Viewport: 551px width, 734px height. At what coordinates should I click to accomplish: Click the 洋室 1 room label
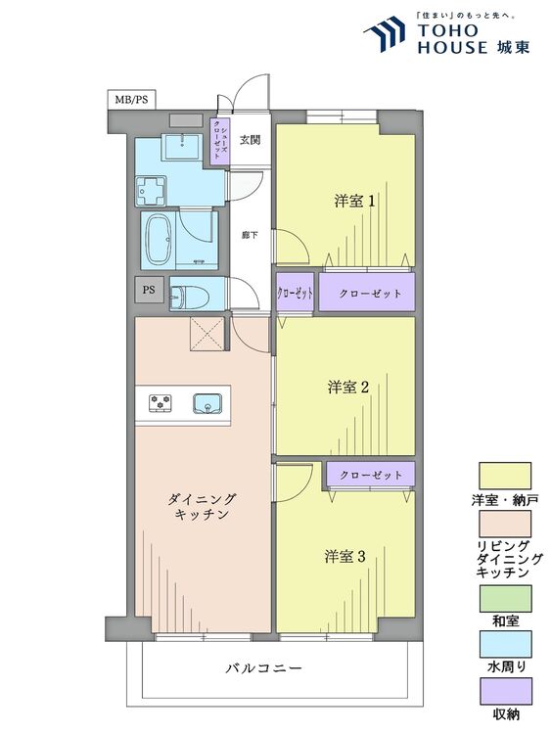point(354,202)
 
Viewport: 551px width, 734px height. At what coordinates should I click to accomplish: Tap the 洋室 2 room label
point(347,388)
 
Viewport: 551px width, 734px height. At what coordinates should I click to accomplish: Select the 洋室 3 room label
point(345,557)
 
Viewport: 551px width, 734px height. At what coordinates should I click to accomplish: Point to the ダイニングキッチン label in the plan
point(204,506)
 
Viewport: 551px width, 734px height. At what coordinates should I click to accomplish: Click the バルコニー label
point(263,669)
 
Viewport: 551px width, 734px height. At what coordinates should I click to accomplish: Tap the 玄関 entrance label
point(250,139)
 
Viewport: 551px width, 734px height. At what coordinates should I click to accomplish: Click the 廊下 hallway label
point(250,235)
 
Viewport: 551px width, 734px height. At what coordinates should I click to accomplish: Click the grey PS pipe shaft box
point(149,290)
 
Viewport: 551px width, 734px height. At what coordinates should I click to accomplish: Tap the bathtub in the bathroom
point(159,238)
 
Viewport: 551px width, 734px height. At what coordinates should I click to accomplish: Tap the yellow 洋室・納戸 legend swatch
point(504,473)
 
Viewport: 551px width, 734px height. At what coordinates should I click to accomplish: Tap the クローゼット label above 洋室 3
point(371,475)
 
